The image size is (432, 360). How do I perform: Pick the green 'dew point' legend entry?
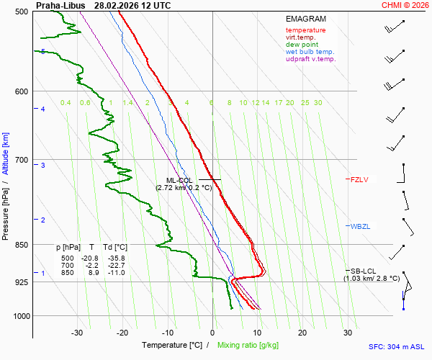pyautogui.click(x=302, y=45)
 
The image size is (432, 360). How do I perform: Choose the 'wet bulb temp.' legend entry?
pyautogui.click(x=310, y=52)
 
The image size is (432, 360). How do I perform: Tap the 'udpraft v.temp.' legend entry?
pyautogui.click(x=310, y=59)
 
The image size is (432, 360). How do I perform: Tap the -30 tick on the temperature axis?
pyautogui.click(x=78, y=333)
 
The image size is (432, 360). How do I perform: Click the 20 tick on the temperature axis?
pyautogui.click(x=302, y=333)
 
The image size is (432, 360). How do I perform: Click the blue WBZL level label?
pyautogui.click(x=360, y=227)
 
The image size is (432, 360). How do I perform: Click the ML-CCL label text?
pyautogui.click(x=179, y=180)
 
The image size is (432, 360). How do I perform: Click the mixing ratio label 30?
pyautogui.click(x=318, y=103)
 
